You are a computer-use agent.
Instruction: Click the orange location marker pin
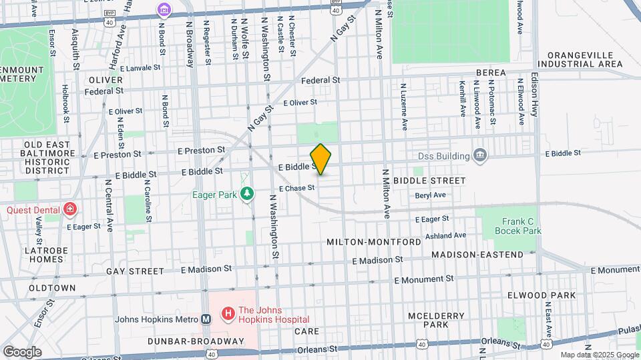(320, 159)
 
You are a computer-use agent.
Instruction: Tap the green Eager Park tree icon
(248, 194)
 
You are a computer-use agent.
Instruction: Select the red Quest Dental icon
(70, 210)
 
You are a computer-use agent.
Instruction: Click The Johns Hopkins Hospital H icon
(227, 312)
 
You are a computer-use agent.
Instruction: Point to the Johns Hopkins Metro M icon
(206, 319)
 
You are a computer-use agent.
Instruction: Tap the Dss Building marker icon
(479, 155)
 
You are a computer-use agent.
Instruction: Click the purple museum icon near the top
(163, 10)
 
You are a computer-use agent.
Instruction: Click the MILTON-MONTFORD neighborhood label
(374, 241)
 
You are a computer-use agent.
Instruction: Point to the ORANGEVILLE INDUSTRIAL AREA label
(584, 59)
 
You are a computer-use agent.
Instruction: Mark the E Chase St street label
(296, 189)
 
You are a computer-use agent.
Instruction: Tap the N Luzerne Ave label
(404, 106)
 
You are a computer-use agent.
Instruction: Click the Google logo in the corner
(22, 351)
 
